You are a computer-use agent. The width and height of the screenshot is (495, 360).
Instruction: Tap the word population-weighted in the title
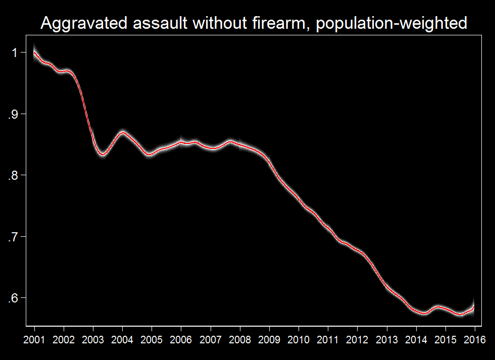coord(391,23)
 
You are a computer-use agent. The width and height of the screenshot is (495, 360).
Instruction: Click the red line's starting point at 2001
coord(34,52)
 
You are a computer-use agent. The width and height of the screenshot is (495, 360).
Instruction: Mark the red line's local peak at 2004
coord(123,132)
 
